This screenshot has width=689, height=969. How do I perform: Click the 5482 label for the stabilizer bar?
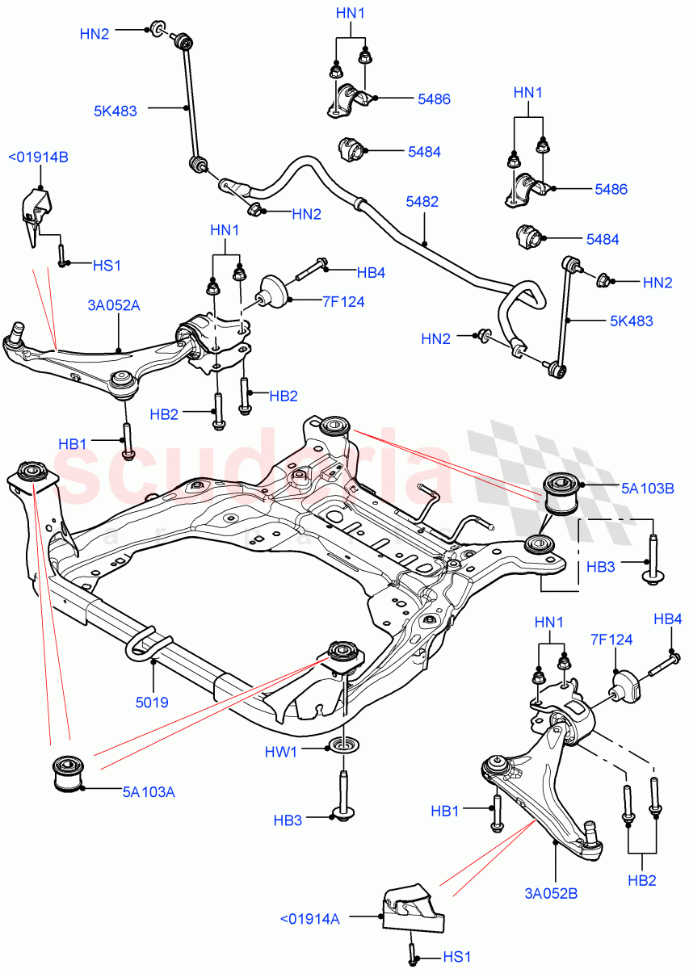[x=422, y=202]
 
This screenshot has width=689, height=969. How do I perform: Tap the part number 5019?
[x=152, y=703]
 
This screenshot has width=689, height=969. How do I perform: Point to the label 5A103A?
[x=149, y=792]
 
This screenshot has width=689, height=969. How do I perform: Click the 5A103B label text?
[x=642, y=487]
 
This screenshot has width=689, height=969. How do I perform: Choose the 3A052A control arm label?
[x=114, y=304]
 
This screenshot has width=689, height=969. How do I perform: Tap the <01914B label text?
[x=38, y=157]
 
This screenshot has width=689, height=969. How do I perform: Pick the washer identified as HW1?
[x=344, y=744]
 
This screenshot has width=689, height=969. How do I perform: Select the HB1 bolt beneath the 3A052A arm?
[x=128, y=441]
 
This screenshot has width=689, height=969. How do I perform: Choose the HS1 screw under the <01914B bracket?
[x=61, y=254]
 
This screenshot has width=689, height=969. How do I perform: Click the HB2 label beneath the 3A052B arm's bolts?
[x=644, y=879]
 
